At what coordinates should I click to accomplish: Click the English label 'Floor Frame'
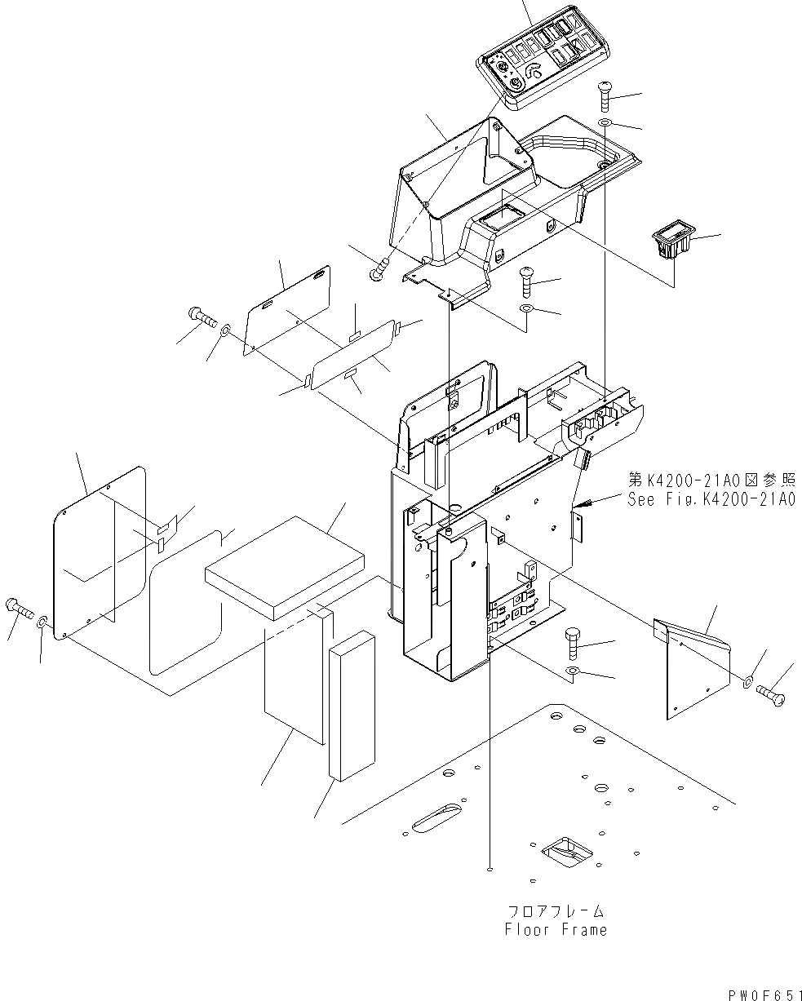click(x=555, y=929)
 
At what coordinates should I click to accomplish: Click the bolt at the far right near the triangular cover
click(x=773, y=695)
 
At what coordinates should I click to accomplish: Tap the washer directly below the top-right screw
click(x=605, y=123)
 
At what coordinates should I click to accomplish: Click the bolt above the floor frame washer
click(x=573, y=646)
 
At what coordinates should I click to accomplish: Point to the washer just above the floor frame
click(x=573, y=672)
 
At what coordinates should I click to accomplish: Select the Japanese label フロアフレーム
click(x=555, y=910)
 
